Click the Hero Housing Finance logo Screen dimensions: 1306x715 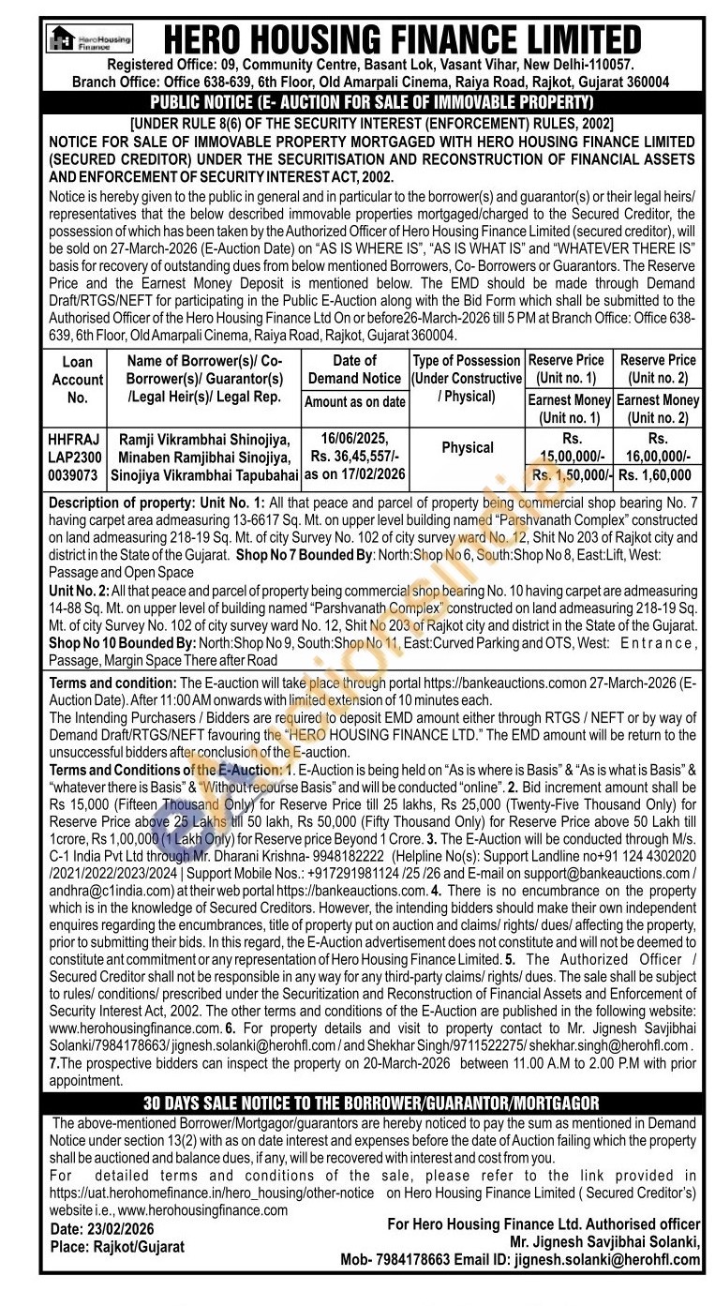pos(90,38)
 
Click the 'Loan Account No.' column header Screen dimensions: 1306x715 pos(78,379)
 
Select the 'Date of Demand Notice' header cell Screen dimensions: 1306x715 pos(354,369)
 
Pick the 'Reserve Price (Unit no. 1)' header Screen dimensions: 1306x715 pos(566,368)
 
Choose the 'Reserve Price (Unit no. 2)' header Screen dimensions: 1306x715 pos(658,368)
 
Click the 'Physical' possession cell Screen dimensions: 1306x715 pos(467,447)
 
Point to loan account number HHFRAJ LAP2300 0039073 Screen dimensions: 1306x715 pos(78,456)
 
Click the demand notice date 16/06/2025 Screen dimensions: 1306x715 pos(354,438)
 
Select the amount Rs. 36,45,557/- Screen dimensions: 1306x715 pos(354,456)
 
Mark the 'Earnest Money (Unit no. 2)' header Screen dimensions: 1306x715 pos(658,409)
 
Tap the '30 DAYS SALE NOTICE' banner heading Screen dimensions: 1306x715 pos(372,1103)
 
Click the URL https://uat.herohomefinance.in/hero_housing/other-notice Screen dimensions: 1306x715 pos(212,1193)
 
